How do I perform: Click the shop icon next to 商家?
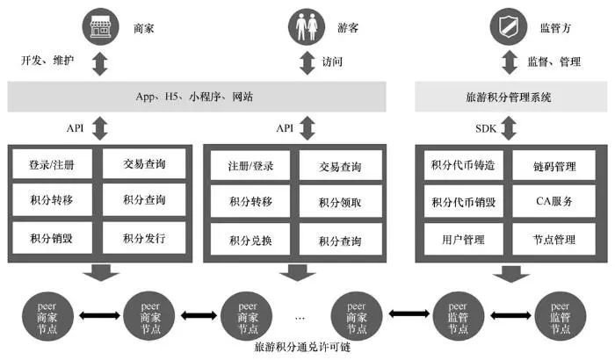pyautogui.click(x=100, y=27)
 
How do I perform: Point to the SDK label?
pyautogui.click(x=486, y=128)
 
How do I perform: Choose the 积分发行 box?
pyautogui.click(x=144, y=238)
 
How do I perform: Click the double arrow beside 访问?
pyautogui.click(x=307, y=62)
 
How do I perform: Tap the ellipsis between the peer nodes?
pyautogui.click(x=301, y=313)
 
